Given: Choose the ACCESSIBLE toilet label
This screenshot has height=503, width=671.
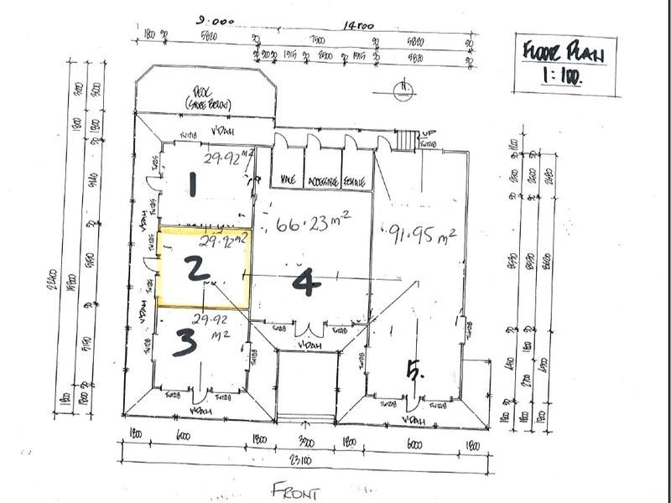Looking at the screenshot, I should pyautogui.click(x=323, y=179).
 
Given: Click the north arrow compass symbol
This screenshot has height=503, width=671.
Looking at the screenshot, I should pyautogui.click(x=406, y=90).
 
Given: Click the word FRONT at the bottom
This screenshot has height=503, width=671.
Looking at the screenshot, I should pyautogui.click(x=296, y=490).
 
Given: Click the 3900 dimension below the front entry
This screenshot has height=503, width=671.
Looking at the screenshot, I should pyautogui.click(x=307, y=442).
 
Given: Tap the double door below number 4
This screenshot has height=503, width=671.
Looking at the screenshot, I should pyautogui.click(x=310, y=329).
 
